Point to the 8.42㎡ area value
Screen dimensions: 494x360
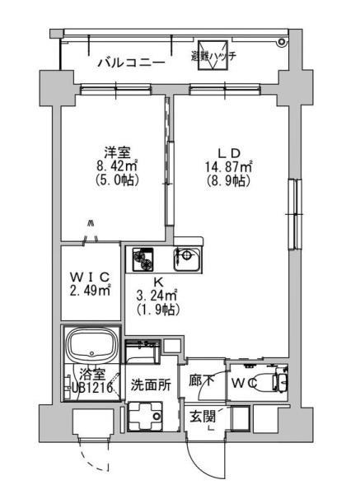click(x=115, y=165)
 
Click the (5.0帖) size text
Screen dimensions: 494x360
click(x=115, y=179)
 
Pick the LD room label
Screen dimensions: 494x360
click(x=228, y=153)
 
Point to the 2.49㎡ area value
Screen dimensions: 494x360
click(x=90, y=289)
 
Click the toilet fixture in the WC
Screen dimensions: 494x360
click(x=267, y=383)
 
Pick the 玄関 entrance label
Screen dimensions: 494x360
click(x=203, y=416)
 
